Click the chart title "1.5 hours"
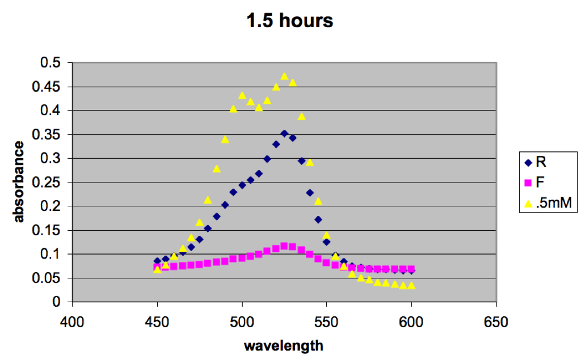click(290, 20)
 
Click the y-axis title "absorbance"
click(18, 182)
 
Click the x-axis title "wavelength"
click(284, 346)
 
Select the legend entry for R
click(536, 162)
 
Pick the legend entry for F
click(534, 182)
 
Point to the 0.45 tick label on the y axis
click(46, 87)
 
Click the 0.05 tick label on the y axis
click(46, 278)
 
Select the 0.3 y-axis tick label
click(50, 159)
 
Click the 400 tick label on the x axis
click(72, 322)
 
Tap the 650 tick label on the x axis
click(496, 322)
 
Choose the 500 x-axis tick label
click(242, 322)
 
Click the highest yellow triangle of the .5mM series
click(284, 77)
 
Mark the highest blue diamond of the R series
click(284, 133)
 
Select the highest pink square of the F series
click(284, 246)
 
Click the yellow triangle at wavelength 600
click(411, 286)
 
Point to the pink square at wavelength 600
click(411, 269)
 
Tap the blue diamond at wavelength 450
click(157, 261)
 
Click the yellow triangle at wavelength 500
click(242, 96)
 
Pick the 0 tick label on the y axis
click(56, 302)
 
